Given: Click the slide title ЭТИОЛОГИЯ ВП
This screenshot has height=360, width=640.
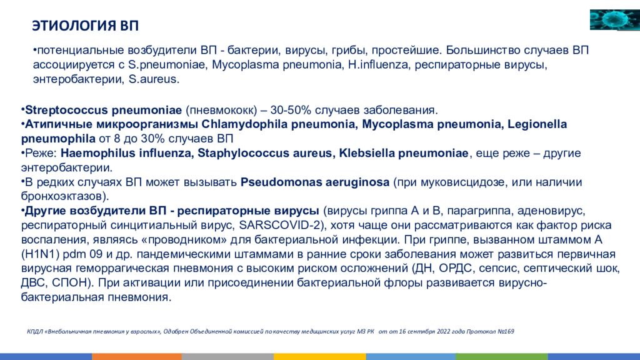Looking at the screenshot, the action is coord(85,26).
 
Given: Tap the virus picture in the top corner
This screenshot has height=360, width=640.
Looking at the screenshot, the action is coord(615,19).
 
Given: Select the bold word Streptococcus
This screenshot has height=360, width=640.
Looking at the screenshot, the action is coord(66,110).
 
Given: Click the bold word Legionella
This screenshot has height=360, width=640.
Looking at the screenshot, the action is coord(537,124).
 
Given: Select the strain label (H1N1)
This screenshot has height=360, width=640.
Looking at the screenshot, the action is coord(41,254).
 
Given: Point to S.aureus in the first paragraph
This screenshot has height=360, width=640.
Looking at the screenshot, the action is coord(154,79).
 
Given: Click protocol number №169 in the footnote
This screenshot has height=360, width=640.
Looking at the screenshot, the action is coord(506,331).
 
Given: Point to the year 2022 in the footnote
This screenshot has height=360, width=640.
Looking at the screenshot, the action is coord(444,331).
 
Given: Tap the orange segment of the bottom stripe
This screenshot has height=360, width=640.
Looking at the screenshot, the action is coord(137,357).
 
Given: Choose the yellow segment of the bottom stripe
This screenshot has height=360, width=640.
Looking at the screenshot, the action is coord(319,357).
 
